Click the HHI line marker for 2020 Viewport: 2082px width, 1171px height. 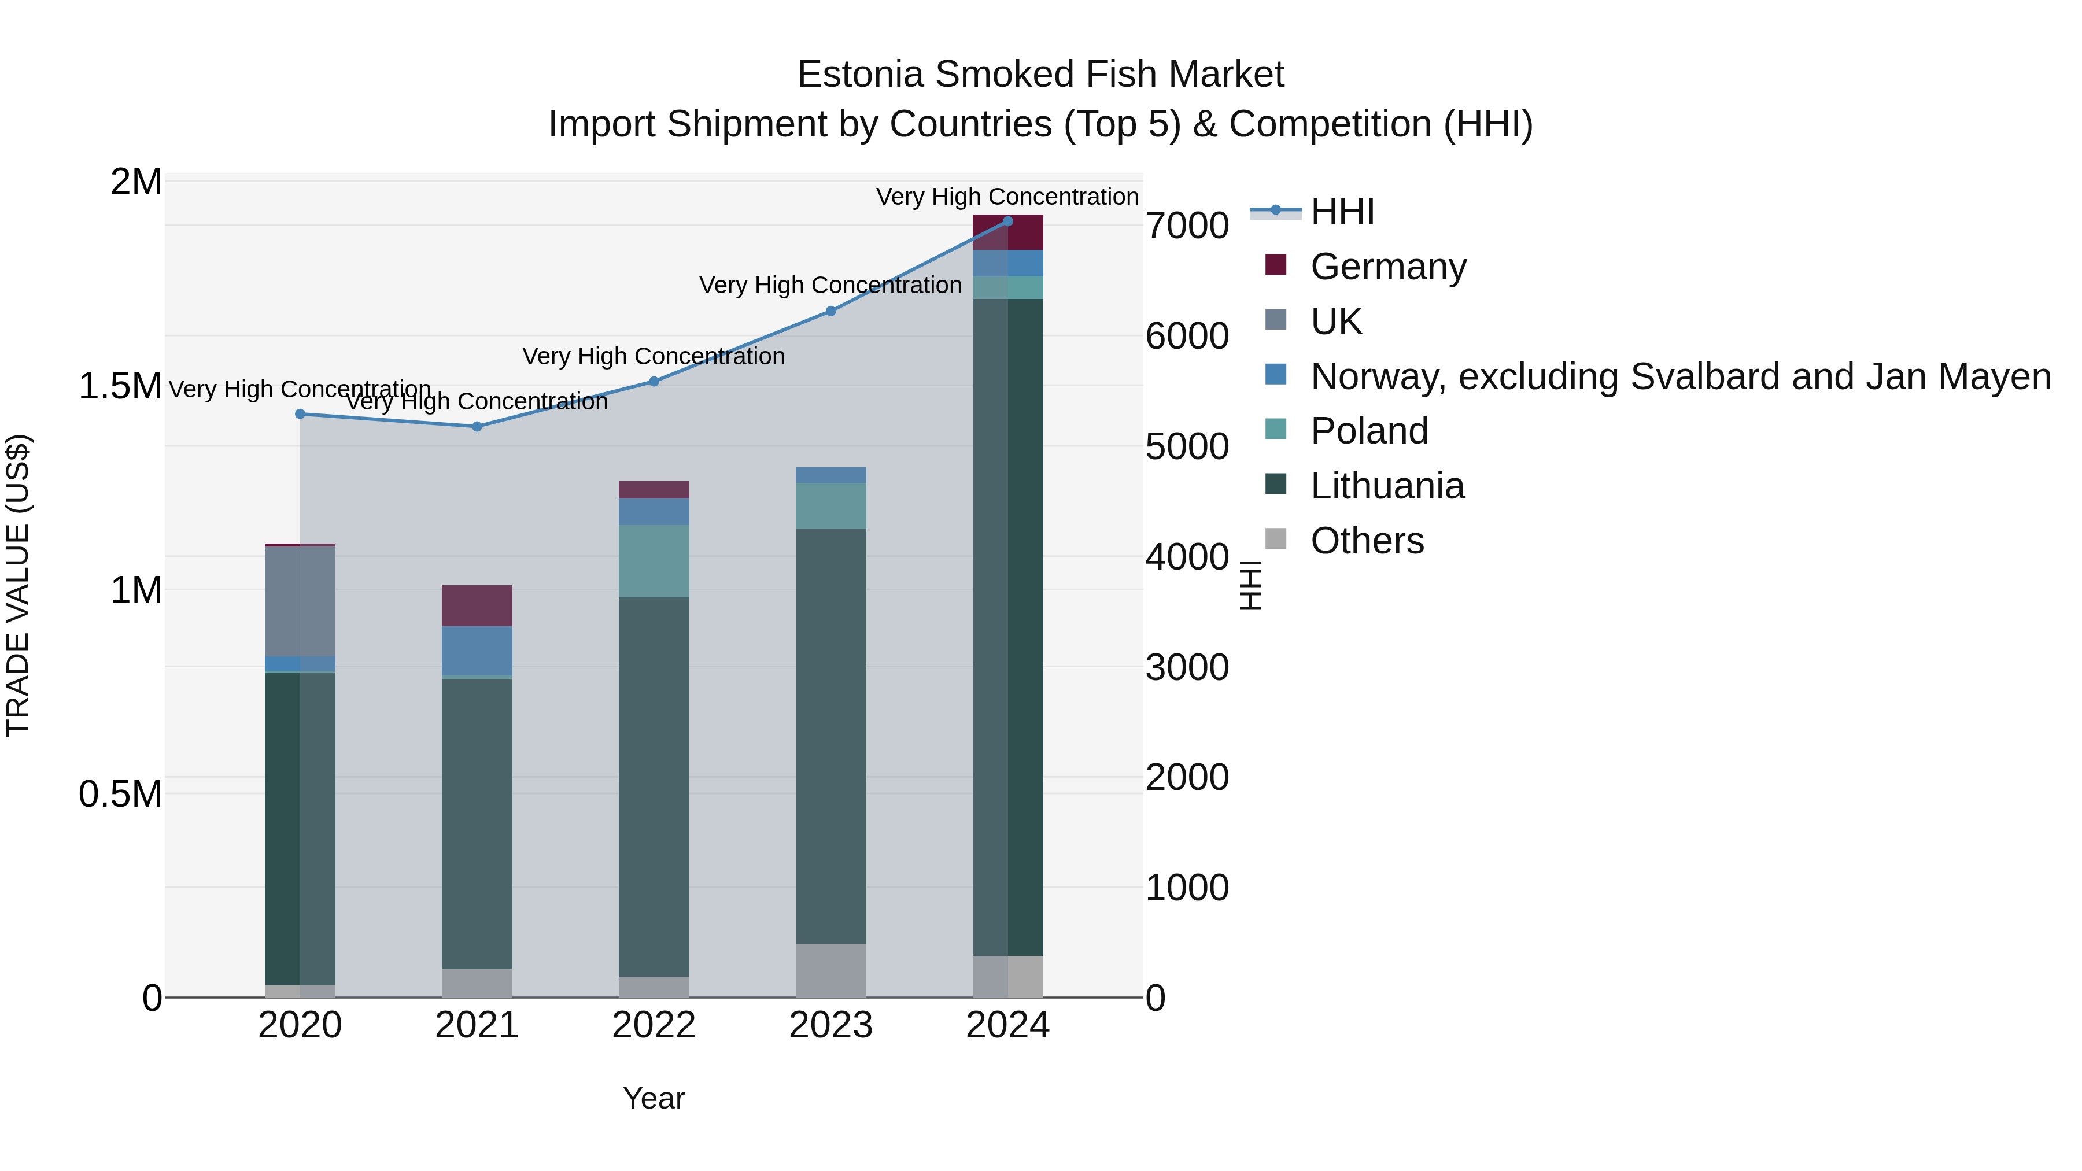pyautogui.click(x=300, y=414)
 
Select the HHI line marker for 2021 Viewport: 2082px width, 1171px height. pyautogui.click(x=477, y=427)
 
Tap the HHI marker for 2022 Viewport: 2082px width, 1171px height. pyautogui.click(x=654, y=382)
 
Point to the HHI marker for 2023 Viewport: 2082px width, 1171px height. pyautogui.click(x=831, y=311)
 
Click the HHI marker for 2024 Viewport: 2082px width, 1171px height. pyautogui.click(x=1008, y=221)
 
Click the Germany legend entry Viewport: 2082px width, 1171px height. pyautogui.click(x=1388, y=267)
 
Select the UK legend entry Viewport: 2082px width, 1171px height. pyautogui.click(x=1335, y=322)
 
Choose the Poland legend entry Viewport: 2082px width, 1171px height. pyautogui.click(x=1368, y=431)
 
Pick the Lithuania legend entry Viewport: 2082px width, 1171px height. pyautogui.click(x=1387, y=486)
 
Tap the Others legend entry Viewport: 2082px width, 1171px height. pyautogui.click(x=1367, y=541)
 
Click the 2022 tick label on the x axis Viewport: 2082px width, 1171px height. pyautogui.click(x=654, y=1025)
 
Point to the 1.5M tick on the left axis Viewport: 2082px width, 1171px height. pyautogui.click(x=120, y=386)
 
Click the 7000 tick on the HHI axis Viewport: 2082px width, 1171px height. pyautogui.click(x=1187, y=226)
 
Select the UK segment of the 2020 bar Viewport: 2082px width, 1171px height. pyautogui.click(x=300, y=602)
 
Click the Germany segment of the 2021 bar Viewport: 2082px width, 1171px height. pyautogui.click(x=477, y=605)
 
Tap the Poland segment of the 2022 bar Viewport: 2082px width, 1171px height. pyautogui.click(x=654, y=561)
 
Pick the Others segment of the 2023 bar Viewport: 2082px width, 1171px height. pyautogui.click(x=831, y=970)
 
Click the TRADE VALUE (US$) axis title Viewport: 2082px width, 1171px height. pyautogui.click(x=19, y=585)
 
